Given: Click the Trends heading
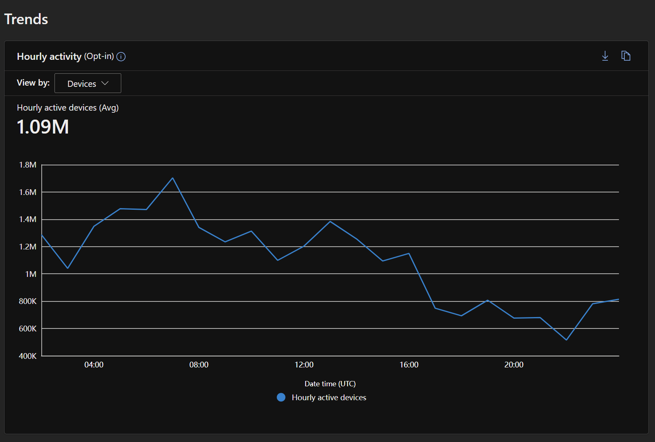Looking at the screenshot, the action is (x=26, y=19).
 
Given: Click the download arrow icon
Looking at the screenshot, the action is (x=605, y=56).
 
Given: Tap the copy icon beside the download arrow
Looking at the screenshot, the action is (x=626, y=56).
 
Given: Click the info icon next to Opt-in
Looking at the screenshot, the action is (x=121, y=57).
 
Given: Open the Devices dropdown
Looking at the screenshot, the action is (x=88, y=83).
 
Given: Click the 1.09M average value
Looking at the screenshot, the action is (x=43, y=127).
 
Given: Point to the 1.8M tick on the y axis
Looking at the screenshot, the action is (x=28, y=165).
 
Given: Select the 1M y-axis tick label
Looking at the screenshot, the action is (x=31, y=274).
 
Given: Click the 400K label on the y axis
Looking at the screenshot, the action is (x=28, y=356).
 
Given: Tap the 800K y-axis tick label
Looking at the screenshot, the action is (x=28, y=301).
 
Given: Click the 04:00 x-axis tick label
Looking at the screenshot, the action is (x=94, y=365).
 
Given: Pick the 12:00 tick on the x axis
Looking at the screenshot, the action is (x=304, y=365).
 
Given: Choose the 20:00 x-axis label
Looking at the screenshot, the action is (x=514, y=365).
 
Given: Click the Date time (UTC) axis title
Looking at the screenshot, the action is (x=330, y=384).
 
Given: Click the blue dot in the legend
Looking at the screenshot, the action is (x=281, y=397).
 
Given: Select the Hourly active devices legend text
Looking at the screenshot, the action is (x=329, y=398).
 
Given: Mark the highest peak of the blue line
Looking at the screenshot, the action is (x=172, y=178).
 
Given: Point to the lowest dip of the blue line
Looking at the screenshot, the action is (x=567, y=340).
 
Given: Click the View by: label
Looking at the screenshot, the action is (x=33, y=83).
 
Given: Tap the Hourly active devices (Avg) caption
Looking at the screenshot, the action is (x=68, y=108).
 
